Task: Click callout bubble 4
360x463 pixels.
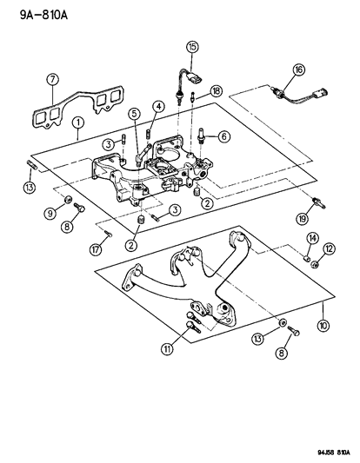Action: (x=159, y=107)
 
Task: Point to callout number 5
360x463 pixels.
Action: (x=134, y=114)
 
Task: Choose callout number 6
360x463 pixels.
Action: (x=223, y=136)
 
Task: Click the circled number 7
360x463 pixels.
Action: (x=52, y=81)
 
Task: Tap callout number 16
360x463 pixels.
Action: (x=298, y=69)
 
